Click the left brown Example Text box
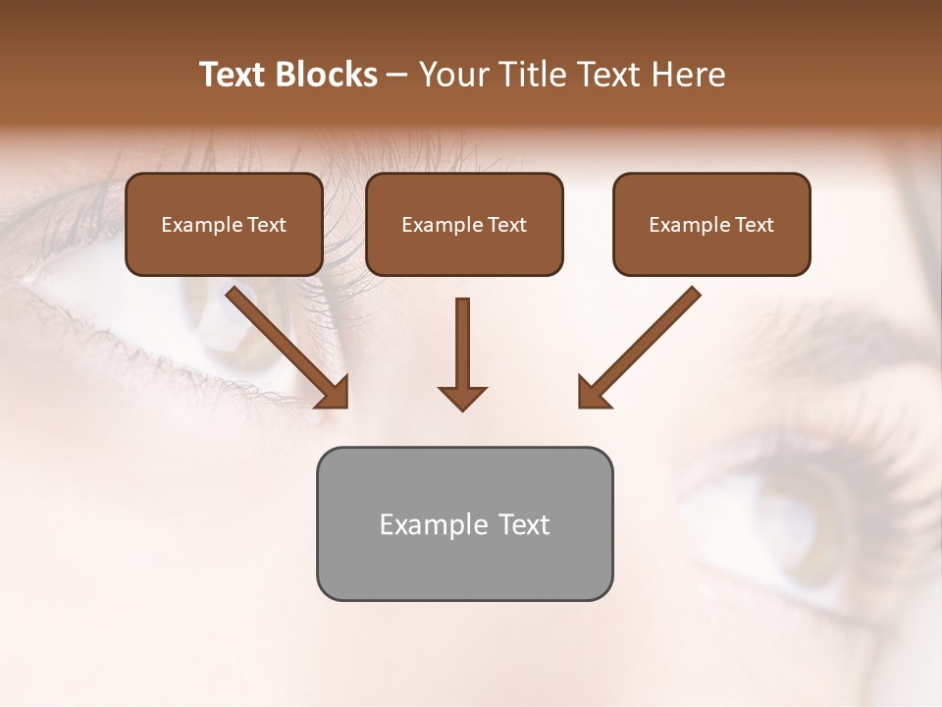[224, 225]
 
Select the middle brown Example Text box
[464, 225]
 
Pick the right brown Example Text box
[711, 225]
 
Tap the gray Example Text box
[464, 524]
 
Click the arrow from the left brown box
[285, 344]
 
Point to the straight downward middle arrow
[462, 344]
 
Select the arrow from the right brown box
[643, 344]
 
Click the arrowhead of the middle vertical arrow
[462, 398]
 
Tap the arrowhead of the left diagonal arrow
[336, 394]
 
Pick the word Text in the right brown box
[755, 225]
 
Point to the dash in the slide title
[397, 76]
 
